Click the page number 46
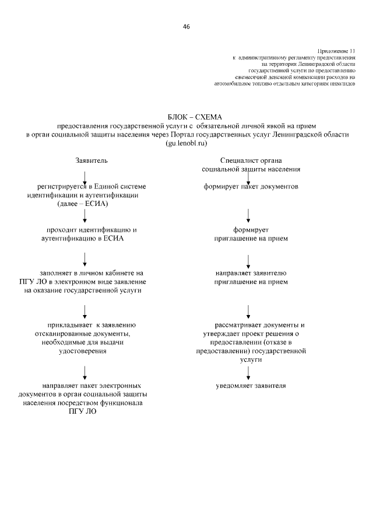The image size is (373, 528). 186,27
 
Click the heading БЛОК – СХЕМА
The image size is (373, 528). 186,117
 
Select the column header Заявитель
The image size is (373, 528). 92,160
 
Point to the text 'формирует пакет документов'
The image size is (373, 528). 251,187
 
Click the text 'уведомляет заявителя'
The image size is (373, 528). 251,386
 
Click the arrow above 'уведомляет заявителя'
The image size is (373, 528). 249,371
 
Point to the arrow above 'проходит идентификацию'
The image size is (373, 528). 86,216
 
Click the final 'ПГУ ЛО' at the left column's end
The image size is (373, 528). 82,411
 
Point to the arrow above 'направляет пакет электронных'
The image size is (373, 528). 86,372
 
